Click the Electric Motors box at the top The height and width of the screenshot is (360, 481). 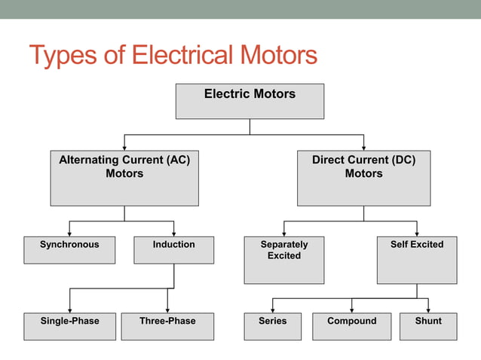click(x=250, y=101)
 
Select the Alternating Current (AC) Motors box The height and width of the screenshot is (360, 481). click(x=124, y=178)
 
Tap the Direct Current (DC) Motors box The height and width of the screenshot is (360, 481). click(x=363, y=178)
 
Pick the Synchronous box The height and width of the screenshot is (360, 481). click(x=69, y=250)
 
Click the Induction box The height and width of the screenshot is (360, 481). click(x=173, y=250)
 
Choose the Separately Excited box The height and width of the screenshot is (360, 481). click(x=284, y=260)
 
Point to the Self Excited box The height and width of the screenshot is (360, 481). click(x=417, y=260)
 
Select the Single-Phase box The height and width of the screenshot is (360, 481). click(x=69, y=326)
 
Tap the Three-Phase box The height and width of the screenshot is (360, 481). click(x=167, y=326)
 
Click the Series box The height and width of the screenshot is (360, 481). click(x=272, y=326)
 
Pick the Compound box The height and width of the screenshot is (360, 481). click(x=352, y=326)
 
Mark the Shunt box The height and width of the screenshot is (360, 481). click(x=428, y=326)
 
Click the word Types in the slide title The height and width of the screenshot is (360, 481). click(x=61, y=56)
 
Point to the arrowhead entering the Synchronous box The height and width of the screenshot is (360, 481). click(x=69, y=233)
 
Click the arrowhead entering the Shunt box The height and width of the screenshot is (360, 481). click(x=428, y=309)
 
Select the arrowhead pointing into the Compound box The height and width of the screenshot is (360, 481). click(x=352, y=309)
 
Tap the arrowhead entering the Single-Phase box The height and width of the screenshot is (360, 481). click(x=69, y=309)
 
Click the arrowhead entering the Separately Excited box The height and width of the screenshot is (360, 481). click(x=284, y=233)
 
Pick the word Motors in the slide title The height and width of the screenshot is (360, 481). click(x=278, y=55)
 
